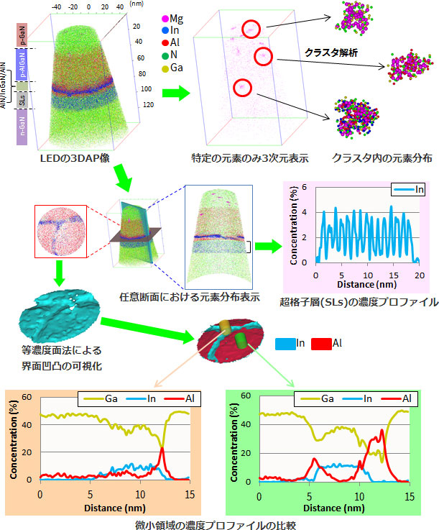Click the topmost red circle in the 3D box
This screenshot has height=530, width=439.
click(x=251, y=29)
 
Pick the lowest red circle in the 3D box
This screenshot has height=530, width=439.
click(x=242, y=88)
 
